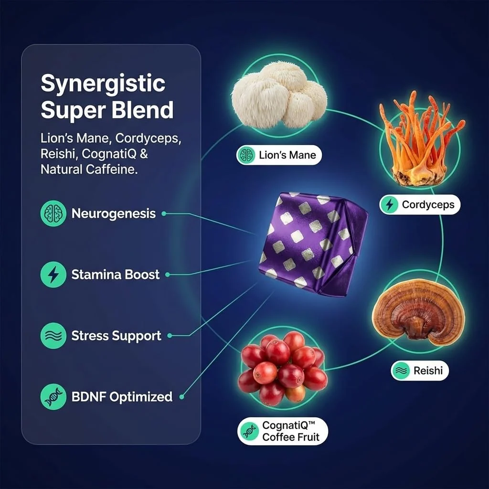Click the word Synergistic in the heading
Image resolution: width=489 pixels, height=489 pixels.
point(103,84)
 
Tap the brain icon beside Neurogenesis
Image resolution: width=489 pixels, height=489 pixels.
point(53,213)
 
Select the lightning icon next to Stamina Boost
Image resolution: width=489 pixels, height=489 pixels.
point(53,275)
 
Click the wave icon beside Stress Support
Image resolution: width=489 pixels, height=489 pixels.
point(53,336)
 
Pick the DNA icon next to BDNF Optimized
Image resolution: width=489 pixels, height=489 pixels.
point(53,397)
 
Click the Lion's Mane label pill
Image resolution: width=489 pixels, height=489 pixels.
point(279,155)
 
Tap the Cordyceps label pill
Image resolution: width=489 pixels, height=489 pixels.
point(420,204)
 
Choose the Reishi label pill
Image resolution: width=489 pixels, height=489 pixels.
point(420,371)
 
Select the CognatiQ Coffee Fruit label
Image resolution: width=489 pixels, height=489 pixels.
point(283,431)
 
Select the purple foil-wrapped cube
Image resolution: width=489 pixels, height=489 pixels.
point(313,244)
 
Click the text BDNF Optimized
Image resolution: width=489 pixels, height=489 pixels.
point(122,397)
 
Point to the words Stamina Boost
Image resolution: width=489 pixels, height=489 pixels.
point(116,275)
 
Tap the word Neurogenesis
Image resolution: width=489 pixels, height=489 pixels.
point(114,213)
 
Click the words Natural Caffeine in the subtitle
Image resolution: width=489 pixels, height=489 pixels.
point(89,170)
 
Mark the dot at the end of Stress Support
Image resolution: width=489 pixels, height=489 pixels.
point(170,336)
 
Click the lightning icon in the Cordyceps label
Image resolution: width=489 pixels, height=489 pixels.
point(389,204)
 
